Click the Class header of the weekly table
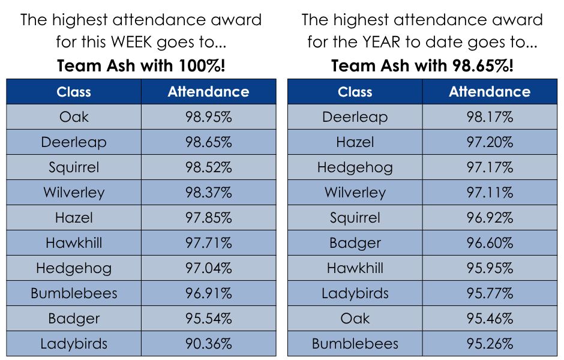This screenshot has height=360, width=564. [74, 92]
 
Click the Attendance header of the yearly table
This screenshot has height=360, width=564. [490, 92]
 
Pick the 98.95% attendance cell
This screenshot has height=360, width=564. [208, 117]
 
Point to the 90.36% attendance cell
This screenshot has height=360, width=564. [208, 344]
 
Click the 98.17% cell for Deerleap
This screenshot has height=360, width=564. [490, 117]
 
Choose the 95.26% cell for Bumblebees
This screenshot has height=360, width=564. [490, 344]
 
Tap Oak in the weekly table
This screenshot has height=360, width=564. [74, 117]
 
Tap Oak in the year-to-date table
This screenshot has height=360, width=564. [355, 319]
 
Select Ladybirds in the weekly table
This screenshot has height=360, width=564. [74, 344]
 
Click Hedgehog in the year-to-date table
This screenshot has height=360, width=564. [355, 167]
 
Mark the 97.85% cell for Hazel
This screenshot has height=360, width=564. [208, 218]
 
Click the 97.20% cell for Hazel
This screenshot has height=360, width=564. [490, 142]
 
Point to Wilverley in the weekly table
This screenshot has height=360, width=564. [74, 193]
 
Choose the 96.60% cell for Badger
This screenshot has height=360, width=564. [490, 243]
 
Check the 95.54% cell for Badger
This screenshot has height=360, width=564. [208, 319]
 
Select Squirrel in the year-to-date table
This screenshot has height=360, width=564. [355, 218]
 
